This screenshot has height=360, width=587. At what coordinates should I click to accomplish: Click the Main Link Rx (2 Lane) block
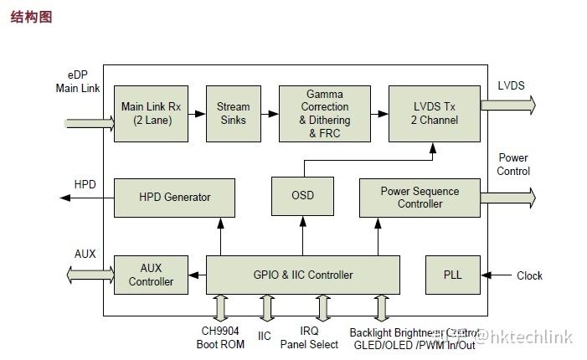[151, 113]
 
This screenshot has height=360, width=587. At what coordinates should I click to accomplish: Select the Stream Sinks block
[233, 113]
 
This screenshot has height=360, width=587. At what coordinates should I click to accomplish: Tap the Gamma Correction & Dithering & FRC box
[324, 113]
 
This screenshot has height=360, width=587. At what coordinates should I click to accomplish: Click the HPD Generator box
[174, 198]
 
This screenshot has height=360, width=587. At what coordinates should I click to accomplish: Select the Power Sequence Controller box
[420, 198]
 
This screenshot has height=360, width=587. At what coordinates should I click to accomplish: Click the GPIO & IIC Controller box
[302, 275]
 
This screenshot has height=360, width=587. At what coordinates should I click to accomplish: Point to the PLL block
[452, 275]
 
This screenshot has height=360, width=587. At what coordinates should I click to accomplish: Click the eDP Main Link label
[78, 81]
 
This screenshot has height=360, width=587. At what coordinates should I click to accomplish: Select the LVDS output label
[512, 85]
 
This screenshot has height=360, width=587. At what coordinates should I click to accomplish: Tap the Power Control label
[513, 164]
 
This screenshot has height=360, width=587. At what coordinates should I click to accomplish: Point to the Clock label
[529, 275]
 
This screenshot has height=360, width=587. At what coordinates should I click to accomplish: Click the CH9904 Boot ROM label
[221, 337]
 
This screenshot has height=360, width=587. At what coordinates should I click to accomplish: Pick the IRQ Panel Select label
[309, 337]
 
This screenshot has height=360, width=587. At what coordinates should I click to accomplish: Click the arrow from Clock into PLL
[497, 275]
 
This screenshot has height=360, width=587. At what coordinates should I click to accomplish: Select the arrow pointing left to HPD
[86, 198]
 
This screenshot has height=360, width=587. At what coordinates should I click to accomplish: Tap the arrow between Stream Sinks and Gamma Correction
[269, 113]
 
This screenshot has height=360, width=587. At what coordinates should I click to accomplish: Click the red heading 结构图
[31, 17]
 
